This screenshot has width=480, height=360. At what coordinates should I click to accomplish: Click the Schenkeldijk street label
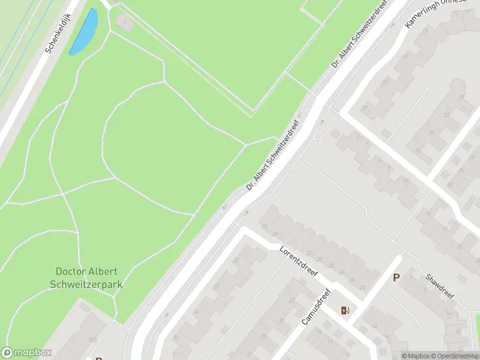tap(59, 32)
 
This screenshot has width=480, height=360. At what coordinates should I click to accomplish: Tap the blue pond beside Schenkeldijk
tap(83, 31)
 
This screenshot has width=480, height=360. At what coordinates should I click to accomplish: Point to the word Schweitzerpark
tap(86, 284)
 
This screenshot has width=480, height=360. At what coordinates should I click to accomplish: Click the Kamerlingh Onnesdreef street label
tap(436, 11)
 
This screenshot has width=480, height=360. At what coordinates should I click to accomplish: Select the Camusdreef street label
tap(316, 308)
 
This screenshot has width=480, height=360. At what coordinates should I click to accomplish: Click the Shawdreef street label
tap(440, 284)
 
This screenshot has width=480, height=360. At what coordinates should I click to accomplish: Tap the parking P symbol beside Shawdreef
tap(396, 278)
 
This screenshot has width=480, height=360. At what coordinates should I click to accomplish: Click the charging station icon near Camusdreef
tap(346, 310)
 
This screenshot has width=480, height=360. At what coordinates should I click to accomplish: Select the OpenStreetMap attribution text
tap(452, 356)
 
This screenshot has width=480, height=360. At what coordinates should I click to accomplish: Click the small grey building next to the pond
tap(125, 23)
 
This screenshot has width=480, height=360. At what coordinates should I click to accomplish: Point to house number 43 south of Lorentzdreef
tap(236, 260)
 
